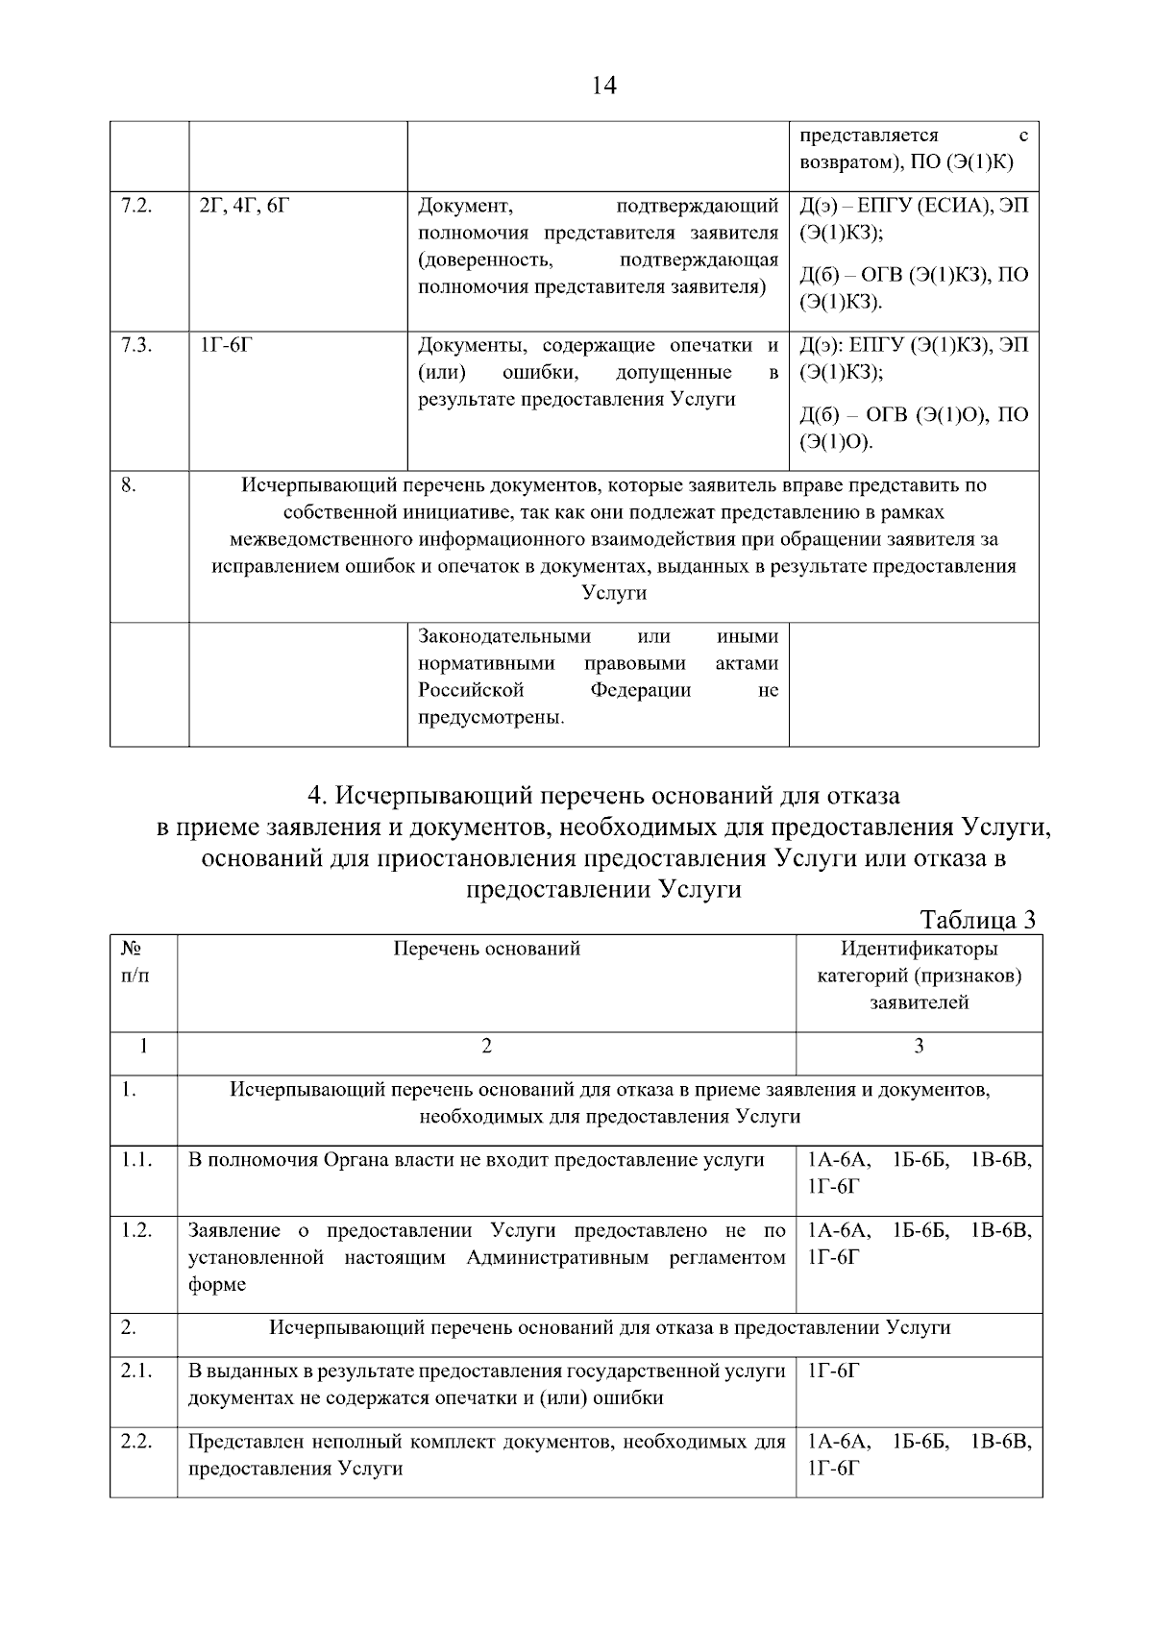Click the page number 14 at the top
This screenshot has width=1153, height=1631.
pos(604,86)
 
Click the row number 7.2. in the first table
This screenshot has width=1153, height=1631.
pos(136,206)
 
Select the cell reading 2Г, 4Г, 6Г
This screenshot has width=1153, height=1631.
pos(242,206)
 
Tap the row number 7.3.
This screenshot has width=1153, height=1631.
pos(136,345)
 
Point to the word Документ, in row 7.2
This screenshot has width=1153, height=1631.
pos(466,206)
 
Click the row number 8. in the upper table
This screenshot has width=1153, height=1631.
pos(129,485)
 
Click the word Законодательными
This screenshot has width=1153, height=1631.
pos(504,636)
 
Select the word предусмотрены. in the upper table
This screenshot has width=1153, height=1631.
pos(491,717)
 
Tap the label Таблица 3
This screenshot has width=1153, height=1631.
pos(978,920)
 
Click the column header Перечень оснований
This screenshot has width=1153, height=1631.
pos(486,949)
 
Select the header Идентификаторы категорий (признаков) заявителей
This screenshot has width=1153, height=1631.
pos(919,976)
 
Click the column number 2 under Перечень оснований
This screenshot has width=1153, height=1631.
pos(486,1046)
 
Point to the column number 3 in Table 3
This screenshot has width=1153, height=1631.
pos(919,1046)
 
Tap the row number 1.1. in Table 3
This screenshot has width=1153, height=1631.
pos(136,1160)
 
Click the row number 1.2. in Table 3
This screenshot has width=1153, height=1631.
pos(136,1230)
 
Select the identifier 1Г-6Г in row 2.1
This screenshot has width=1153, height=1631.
pos(834,1371)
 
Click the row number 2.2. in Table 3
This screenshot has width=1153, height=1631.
pos(136,1442)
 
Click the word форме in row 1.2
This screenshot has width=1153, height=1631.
pos(217,1284)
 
